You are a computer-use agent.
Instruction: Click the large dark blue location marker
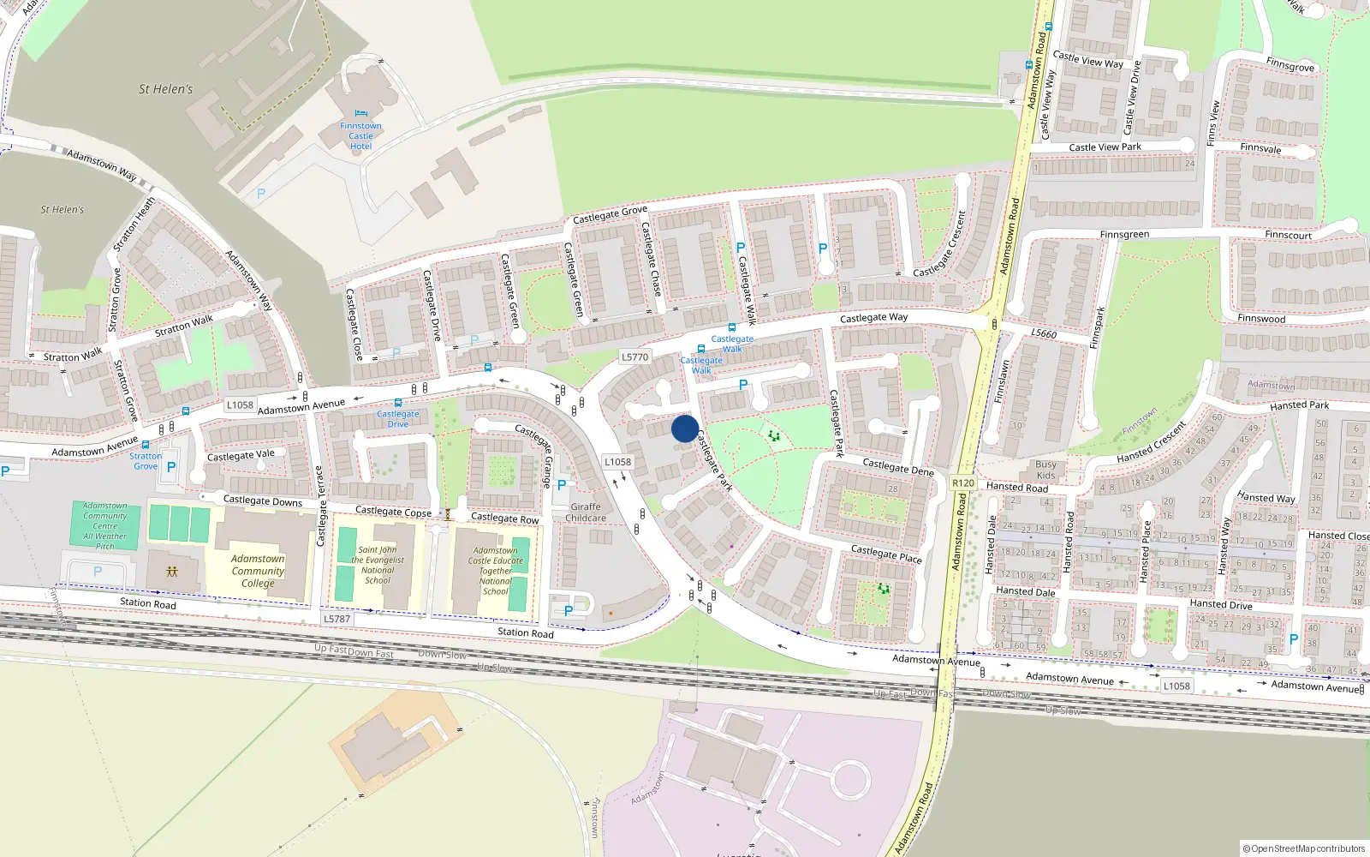click(x=685, y=428)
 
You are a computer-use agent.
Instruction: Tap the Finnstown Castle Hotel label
click(x=360, y=136)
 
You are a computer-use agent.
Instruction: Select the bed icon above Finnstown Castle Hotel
click(x=360, y=113)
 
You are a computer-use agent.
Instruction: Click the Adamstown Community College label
click(x=258, y=571)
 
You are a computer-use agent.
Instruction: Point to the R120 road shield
click(x=963, y=483)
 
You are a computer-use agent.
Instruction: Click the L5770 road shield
click(x=634, y=357)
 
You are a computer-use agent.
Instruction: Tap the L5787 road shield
click(x=337, y=619)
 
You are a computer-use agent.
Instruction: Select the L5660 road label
click(x=1044, y=333)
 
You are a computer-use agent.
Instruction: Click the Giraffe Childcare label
click(x=586, y=512)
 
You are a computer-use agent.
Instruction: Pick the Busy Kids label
click(x=1045, y=470)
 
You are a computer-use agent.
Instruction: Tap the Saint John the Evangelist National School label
click(x=378, y=565)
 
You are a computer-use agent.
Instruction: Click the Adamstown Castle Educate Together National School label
click(x=495, y=571)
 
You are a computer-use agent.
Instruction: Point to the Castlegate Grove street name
click(x=610, y=214)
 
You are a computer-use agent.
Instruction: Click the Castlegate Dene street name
click(x=897, y=467)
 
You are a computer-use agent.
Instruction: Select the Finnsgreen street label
click(x=1124, y=235)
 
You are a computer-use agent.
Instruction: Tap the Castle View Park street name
click(x=1105, y=147)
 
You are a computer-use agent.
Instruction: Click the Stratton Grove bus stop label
click(x=146, y=461)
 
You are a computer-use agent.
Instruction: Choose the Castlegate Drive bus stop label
click(x=398, y=419)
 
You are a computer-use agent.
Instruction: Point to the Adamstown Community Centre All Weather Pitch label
click(x=105, y=526)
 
